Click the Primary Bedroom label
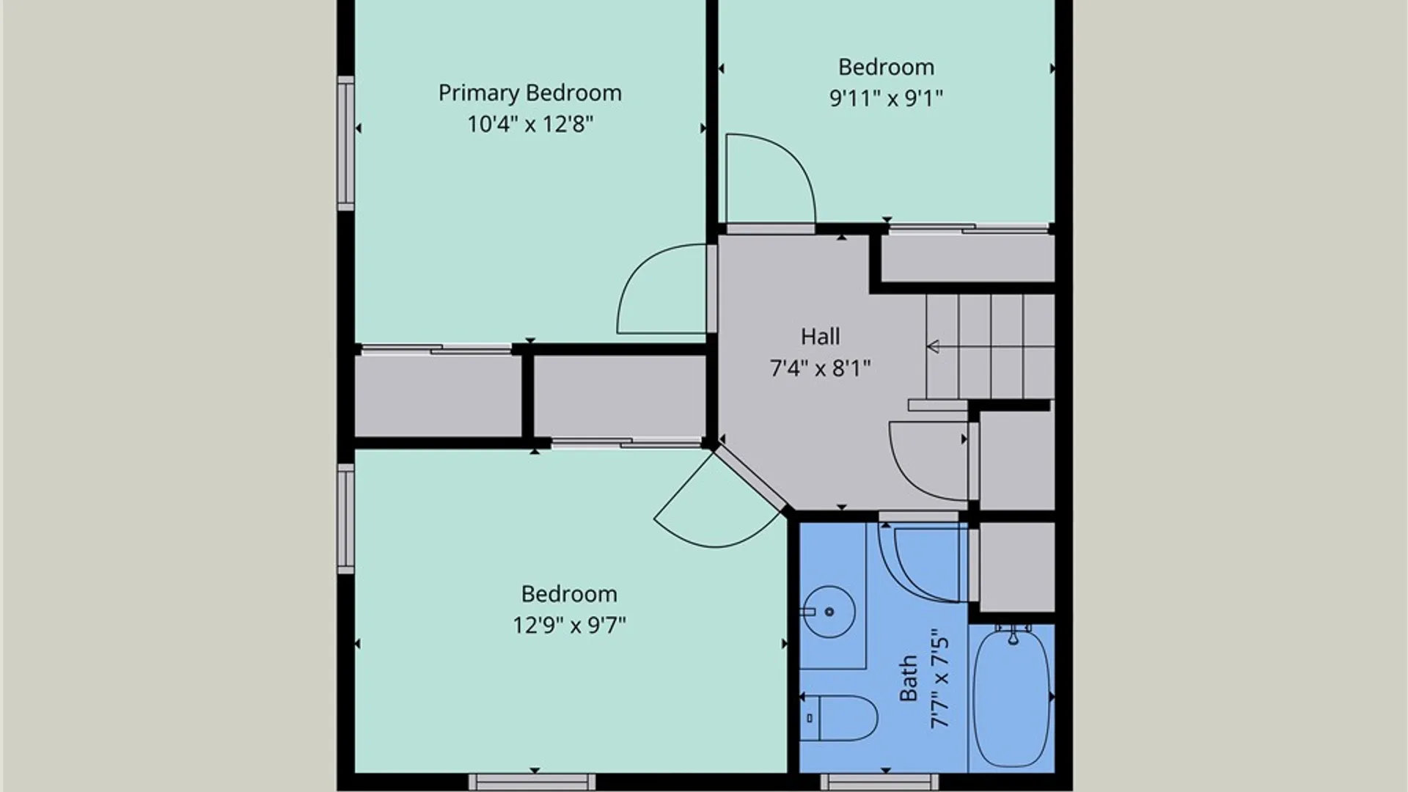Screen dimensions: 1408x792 529,93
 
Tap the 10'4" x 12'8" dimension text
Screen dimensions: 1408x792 529,124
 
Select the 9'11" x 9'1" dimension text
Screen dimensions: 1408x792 886,98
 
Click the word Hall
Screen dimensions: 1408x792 820,337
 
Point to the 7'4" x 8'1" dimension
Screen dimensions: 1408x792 820,367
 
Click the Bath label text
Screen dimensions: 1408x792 908,678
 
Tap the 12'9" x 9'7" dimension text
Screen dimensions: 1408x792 569,625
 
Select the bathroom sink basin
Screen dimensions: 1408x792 829,612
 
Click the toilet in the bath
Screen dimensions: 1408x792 839,718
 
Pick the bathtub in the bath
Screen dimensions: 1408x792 1012,697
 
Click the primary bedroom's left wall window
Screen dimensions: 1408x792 345,143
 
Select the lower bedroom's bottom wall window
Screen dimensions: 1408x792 532,782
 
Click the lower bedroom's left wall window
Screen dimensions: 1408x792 345,518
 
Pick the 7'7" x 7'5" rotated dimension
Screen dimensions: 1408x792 940,678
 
